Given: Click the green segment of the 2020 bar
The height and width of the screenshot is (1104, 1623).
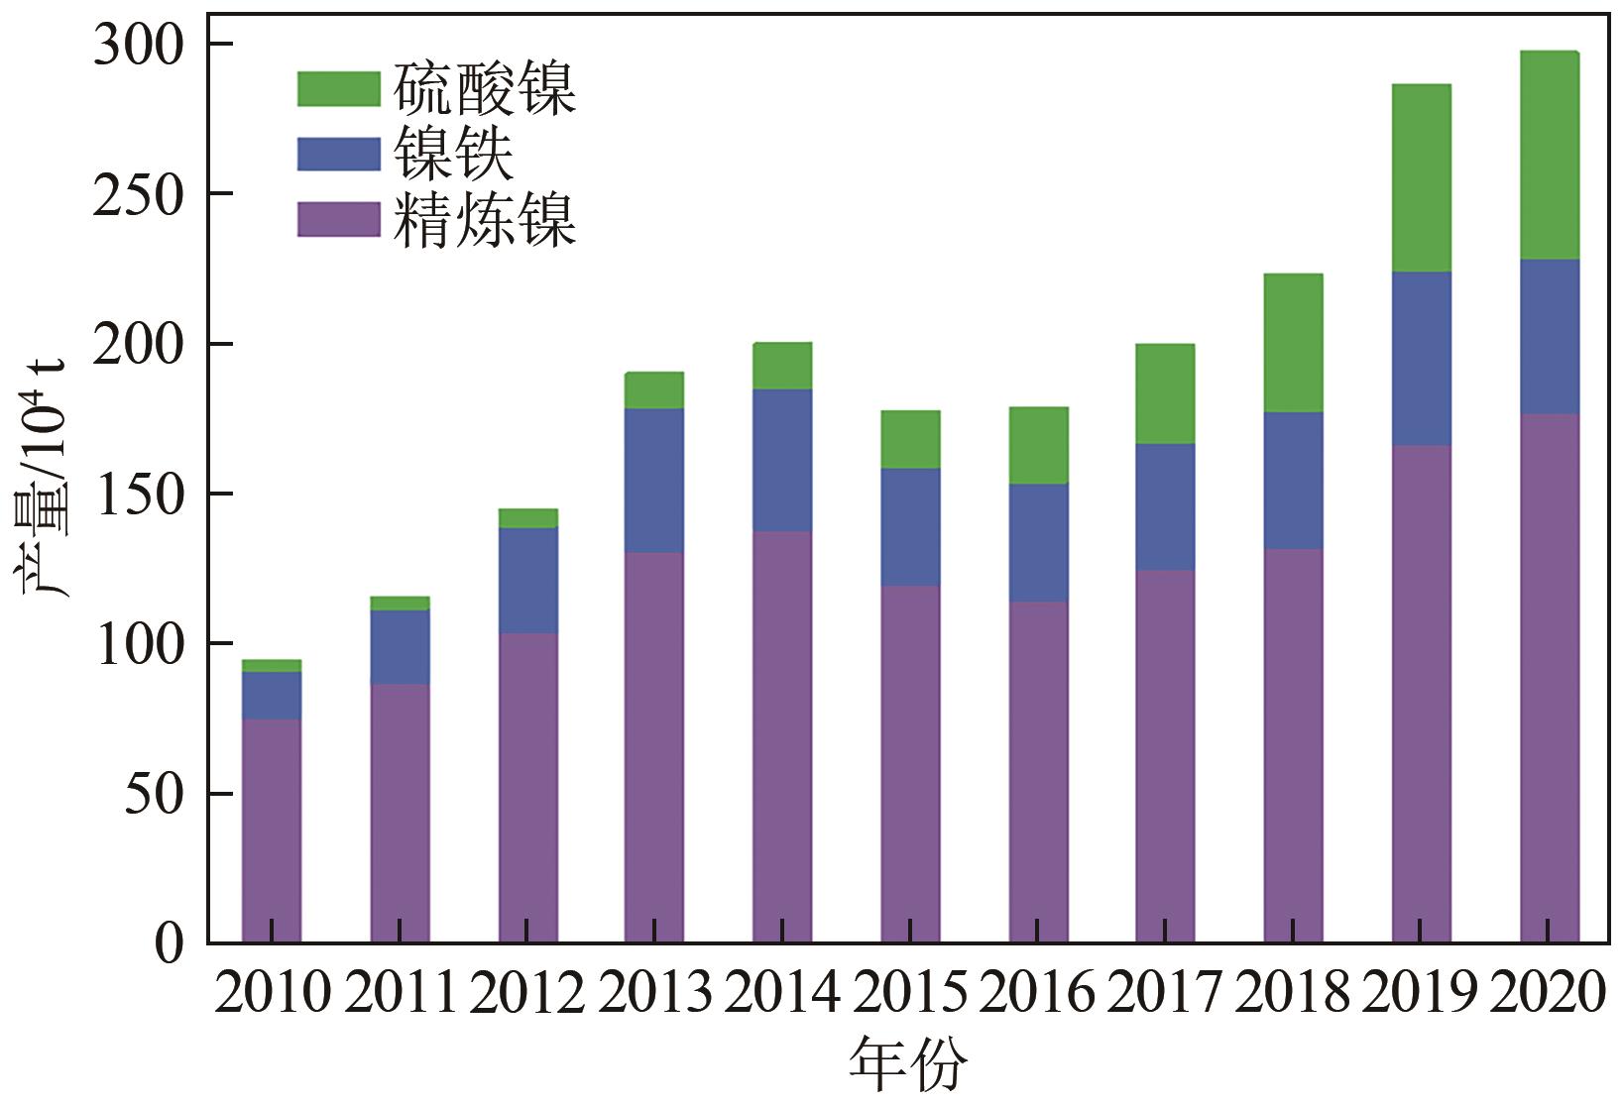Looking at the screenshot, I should click(x=1549, y=156).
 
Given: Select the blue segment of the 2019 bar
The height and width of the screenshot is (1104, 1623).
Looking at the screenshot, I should click(x=1421, y=359).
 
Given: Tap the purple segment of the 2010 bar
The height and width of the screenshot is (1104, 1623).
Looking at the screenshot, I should click(x=272, y=830).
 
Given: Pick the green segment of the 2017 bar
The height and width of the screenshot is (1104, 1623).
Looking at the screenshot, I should click(x=1165, y=394).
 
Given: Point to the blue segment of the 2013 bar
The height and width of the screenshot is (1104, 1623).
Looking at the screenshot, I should click(x=654, y=481).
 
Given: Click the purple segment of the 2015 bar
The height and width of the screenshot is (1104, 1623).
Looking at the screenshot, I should click(x=910, y=763).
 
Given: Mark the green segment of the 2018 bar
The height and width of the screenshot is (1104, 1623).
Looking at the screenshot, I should click(x=1293, y=343).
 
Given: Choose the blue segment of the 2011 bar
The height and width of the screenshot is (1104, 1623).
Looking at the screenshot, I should click(x=400, y=647).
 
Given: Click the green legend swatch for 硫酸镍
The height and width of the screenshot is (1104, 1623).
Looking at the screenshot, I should click(x=338, y=89).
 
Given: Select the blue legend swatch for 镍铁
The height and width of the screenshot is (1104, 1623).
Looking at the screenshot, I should click(x=338, y=155).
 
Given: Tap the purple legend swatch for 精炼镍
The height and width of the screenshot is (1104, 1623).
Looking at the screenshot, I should click(x=338, y=219).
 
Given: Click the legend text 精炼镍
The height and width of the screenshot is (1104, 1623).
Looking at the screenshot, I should click(x=485, y=219).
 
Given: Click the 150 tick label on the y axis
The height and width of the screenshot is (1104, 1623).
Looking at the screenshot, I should click(x=139, y=495).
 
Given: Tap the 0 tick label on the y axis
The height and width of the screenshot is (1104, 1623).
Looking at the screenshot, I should click(x=169, y=943).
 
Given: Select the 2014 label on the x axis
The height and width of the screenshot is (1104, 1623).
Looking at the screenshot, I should click(x=782, y=992).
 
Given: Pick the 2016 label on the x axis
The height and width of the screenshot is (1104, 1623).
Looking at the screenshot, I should click(x=1038, y=992).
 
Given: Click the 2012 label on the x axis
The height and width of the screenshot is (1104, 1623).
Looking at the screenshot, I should click(x=527, y=992).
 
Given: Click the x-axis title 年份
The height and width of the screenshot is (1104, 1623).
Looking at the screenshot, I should click(x=907, y=1065).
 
